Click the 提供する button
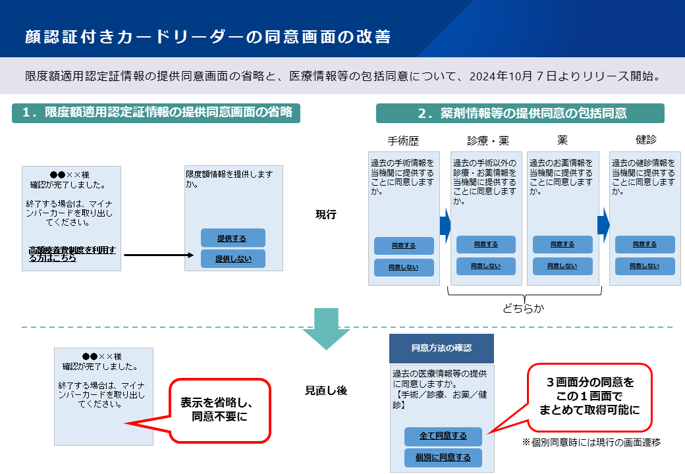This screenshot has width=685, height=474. [x=233, y=238]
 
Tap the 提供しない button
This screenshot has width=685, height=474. [x=233, y=259]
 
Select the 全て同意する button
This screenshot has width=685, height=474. [x=443, y=436]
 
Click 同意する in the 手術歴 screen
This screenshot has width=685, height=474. [x=404, y=246]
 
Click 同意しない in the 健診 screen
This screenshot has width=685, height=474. [x=645, y=266]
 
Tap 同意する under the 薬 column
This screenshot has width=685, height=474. [x=562, y=244]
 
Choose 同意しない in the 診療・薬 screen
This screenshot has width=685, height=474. [x=486, y=266]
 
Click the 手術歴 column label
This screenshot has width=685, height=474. [x=403, y=141]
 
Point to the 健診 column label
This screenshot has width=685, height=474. [x=645, y=140]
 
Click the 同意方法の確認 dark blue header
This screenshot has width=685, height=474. [x=441, y=348]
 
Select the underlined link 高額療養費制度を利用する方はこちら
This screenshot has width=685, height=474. [x=72, y=254]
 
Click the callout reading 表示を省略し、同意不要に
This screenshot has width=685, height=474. [x=220, y=410]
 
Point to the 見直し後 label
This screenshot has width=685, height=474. [x=325, y=390]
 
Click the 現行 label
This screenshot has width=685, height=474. [x=326, y=215]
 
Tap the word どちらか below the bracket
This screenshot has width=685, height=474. [x=524, y=307]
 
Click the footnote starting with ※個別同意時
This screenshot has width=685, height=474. [x=591, y=442]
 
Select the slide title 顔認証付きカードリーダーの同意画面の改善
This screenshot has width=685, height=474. [x=207, y=36]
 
